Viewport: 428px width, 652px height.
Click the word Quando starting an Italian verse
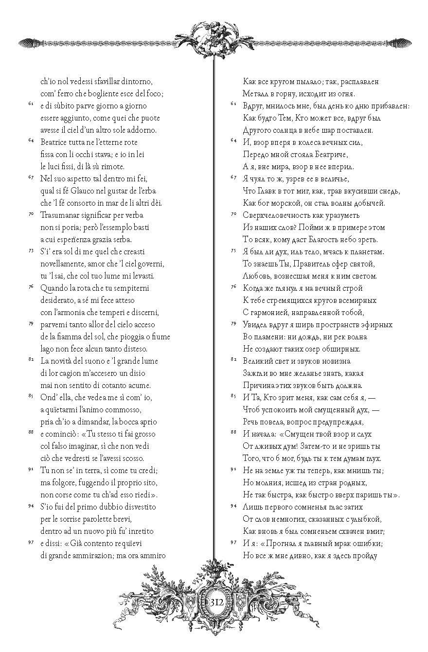[x=55, y=288]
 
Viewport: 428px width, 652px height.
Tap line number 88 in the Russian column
[x=233, y=432]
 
